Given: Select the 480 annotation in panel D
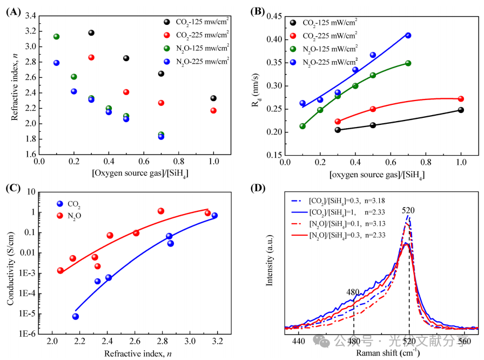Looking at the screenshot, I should point(353,292).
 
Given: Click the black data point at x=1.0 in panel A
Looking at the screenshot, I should point(213,98).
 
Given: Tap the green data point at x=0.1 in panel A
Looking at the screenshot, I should point(56,37).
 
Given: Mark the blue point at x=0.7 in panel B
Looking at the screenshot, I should point(408,36).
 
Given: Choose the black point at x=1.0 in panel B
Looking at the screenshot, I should point(461,110).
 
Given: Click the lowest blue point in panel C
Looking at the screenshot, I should point(76,316).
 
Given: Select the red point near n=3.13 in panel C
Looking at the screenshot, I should point(207,213).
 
